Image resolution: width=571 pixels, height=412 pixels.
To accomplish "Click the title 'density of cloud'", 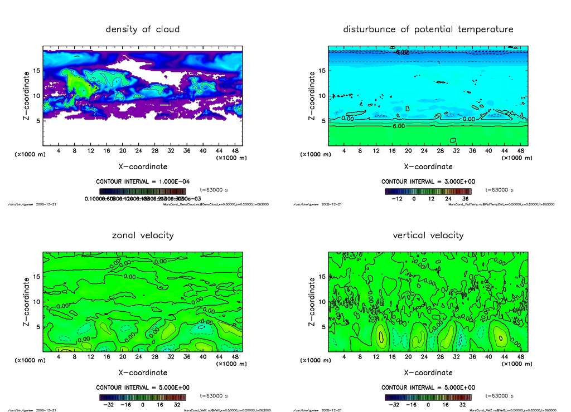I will [x=143, y=29].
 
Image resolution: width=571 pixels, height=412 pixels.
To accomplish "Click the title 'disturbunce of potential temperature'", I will [x=428, y=29].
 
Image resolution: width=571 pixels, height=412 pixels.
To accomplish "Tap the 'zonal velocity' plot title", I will [x=143, y=235].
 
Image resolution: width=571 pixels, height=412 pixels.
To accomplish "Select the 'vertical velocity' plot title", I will [x=428, y=235].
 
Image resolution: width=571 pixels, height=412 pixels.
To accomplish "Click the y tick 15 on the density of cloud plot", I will [x=37, y=71].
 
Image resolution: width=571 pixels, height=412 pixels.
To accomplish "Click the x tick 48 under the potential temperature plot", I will [x=520, y=151].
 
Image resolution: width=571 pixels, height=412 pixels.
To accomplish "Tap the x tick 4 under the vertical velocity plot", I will [x=344, y=357].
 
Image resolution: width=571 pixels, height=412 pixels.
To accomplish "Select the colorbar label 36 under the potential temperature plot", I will [x=464, y=199].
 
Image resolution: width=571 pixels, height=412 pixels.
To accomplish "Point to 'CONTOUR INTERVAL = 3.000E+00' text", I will [x=428, y=182].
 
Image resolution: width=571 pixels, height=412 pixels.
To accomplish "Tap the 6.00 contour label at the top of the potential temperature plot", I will [x=402, y=52].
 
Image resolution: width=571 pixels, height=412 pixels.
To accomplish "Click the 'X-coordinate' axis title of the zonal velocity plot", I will [x=143, y=372].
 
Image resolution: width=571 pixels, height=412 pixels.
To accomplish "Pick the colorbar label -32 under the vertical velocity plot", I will [x=393, y=405].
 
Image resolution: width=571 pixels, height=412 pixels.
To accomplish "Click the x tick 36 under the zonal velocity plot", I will [x=187, y=357].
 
